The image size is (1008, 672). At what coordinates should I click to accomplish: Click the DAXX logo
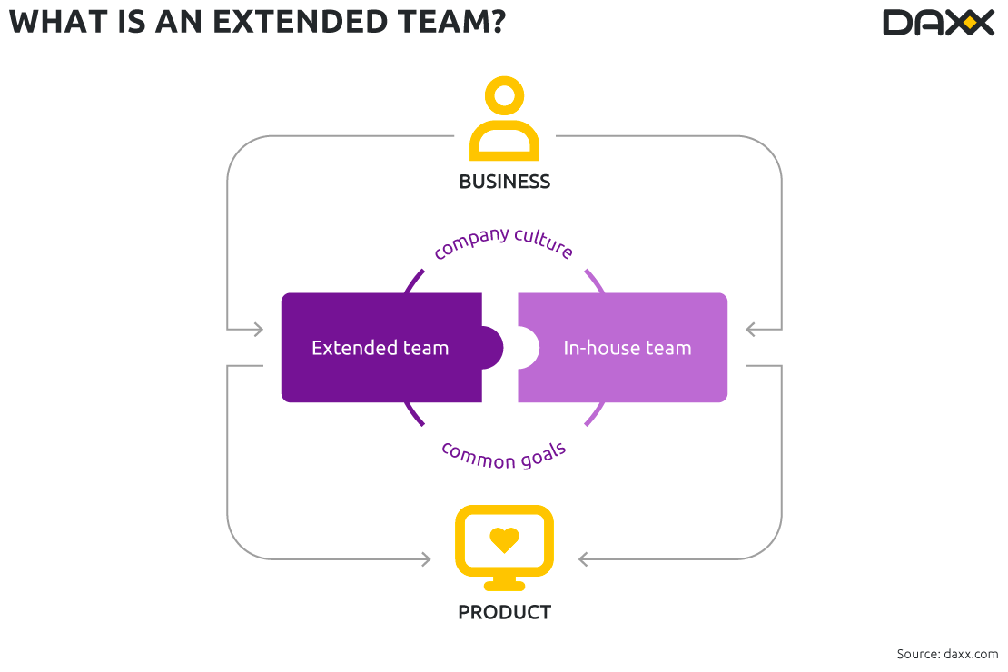938,22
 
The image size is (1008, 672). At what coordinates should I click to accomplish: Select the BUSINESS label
504,182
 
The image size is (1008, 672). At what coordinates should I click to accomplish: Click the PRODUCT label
504,612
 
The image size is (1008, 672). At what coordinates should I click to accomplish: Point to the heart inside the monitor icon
504,539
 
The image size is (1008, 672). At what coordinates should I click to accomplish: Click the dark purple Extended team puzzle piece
381,348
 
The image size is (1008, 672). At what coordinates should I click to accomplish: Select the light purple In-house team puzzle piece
627,348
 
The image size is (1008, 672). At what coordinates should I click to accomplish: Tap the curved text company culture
504,242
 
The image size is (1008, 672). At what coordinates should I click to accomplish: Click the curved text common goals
504,454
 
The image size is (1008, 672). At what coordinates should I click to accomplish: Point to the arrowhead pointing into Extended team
258,329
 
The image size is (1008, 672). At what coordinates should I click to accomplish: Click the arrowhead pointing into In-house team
751,329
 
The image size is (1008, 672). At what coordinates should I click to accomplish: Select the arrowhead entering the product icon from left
426,559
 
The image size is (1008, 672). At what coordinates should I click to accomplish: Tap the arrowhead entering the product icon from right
583,559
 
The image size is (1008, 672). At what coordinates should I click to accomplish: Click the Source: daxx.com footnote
947,654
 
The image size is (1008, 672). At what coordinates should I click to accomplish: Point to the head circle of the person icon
504,96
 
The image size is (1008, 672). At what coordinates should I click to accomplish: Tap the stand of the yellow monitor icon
504,584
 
